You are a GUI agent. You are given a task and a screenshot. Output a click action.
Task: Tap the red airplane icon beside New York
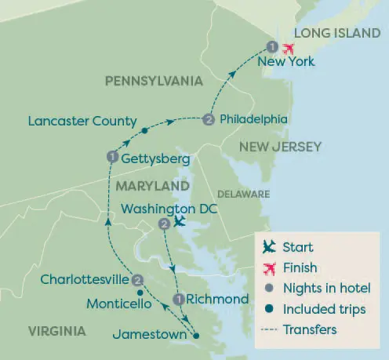click(288, 47)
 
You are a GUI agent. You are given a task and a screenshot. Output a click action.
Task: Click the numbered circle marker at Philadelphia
click(208, 120)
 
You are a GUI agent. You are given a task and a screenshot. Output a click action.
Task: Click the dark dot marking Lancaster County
click(144, 129)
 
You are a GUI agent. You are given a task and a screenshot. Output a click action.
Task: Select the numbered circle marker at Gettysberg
click(111, 158)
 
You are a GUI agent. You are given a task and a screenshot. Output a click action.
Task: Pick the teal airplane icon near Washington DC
click(180, 223)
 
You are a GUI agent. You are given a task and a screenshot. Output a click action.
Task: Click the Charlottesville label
click(85, 279)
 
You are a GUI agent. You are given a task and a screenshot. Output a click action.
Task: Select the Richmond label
click(219, 299)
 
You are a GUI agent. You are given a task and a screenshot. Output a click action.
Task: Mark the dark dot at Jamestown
click(196, 336)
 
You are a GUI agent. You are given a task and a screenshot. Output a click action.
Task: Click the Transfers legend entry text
click(310, 329)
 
